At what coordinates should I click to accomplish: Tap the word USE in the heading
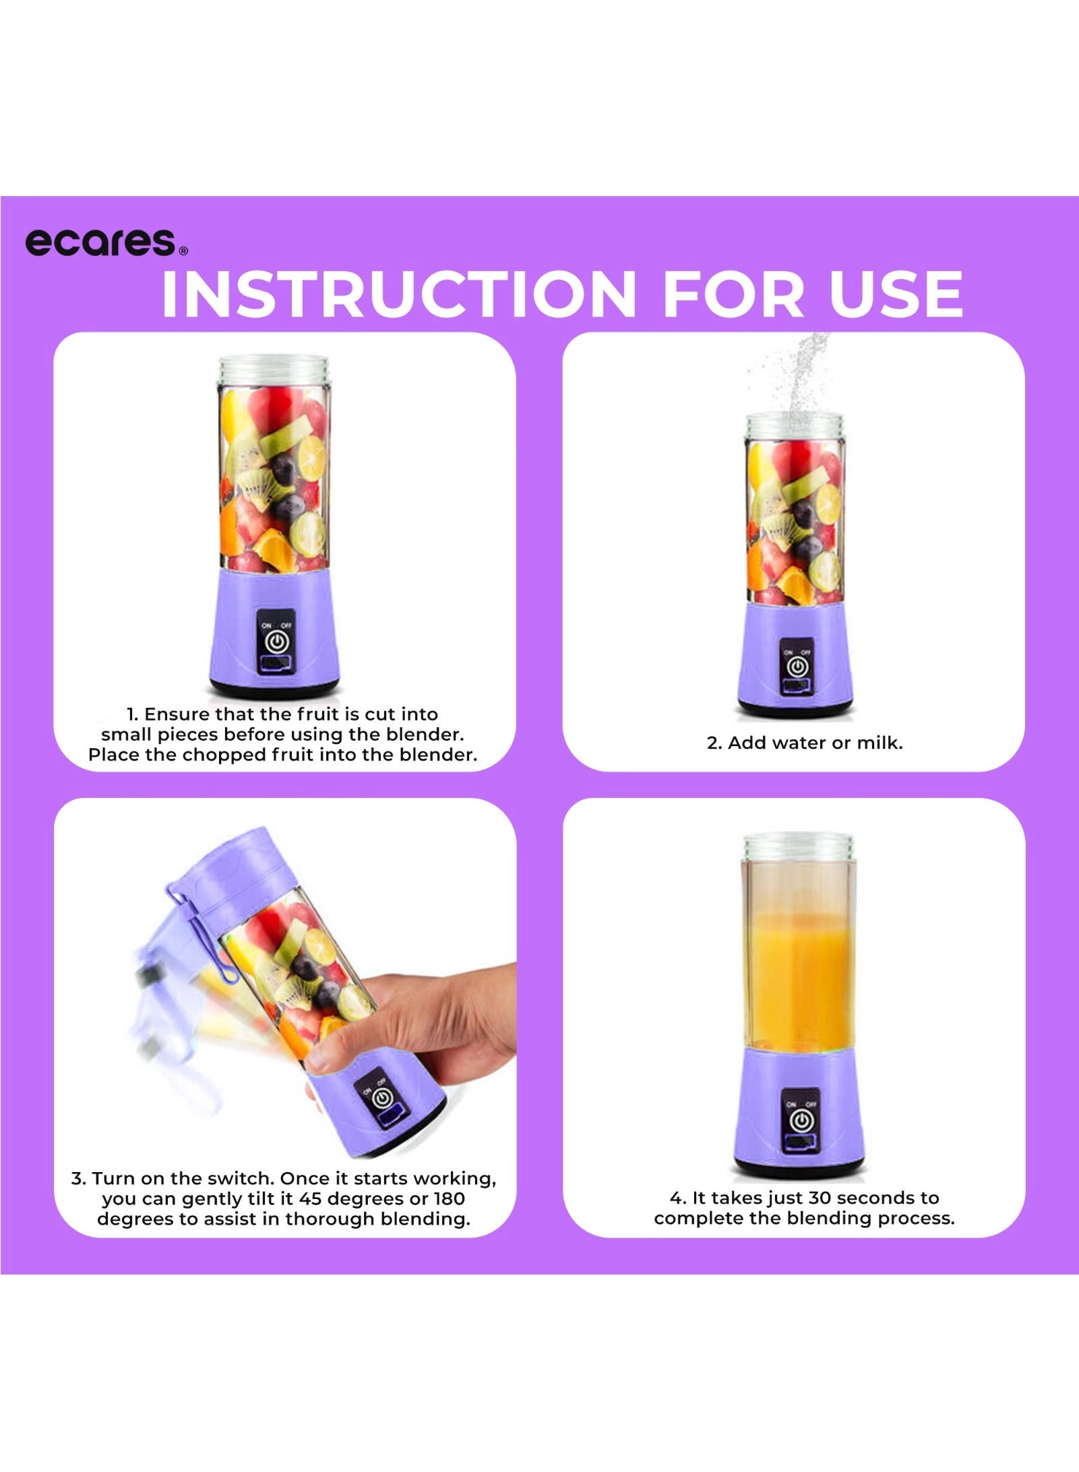[x=896, y=295]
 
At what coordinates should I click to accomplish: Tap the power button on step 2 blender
[x=797, y=667]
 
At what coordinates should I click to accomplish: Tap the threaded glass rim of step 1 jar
[x=274, y=370]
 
